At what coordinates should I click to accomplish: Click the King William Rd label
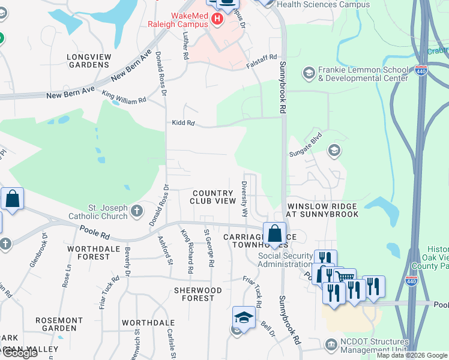(x=124, y=96)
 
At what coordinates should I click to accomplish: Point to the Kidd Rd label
(x=182, y=123)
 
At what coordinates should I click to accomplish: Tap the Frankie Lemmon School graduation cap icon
(x=309, y=73)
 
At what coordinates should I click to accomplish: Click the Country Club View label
(x=213, y=197)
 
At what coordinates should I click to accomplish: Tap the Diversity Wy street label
(x=244, y=199)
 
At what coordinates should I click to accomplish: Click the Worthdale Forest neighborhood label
(x=89, y=253)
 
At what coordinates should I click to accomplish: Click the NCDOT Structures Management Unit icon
(x=331, y=344)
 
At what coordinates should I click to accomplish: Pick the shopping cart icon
(x=345, y=278)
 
